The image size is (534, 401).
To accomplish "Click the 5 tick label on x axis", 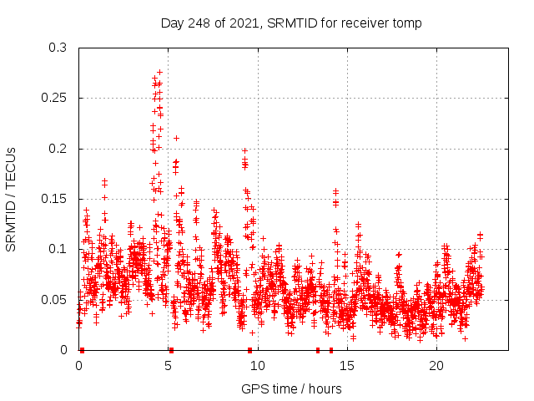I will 168,366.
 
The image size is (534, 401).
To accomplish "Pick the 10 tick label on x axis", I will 257,366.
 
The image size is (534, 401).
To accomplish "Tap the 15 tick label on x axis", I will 347,366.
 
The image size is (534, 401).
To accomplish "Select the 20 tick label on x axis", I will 436,366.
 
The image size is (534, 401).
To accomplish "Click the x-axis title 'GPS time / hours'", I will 291,388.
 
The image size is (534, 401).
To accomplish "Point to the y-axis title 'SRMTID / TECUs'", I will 12,199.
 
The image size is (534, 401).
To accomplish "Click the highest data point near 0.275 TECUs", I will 159,73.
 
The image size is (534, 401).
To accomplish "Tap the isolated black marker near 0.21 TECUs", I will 176,138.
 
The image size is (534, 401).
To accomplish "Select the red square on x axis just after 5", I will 171,350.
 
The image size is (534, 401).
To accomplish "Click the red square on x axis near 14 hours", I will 331,350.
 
